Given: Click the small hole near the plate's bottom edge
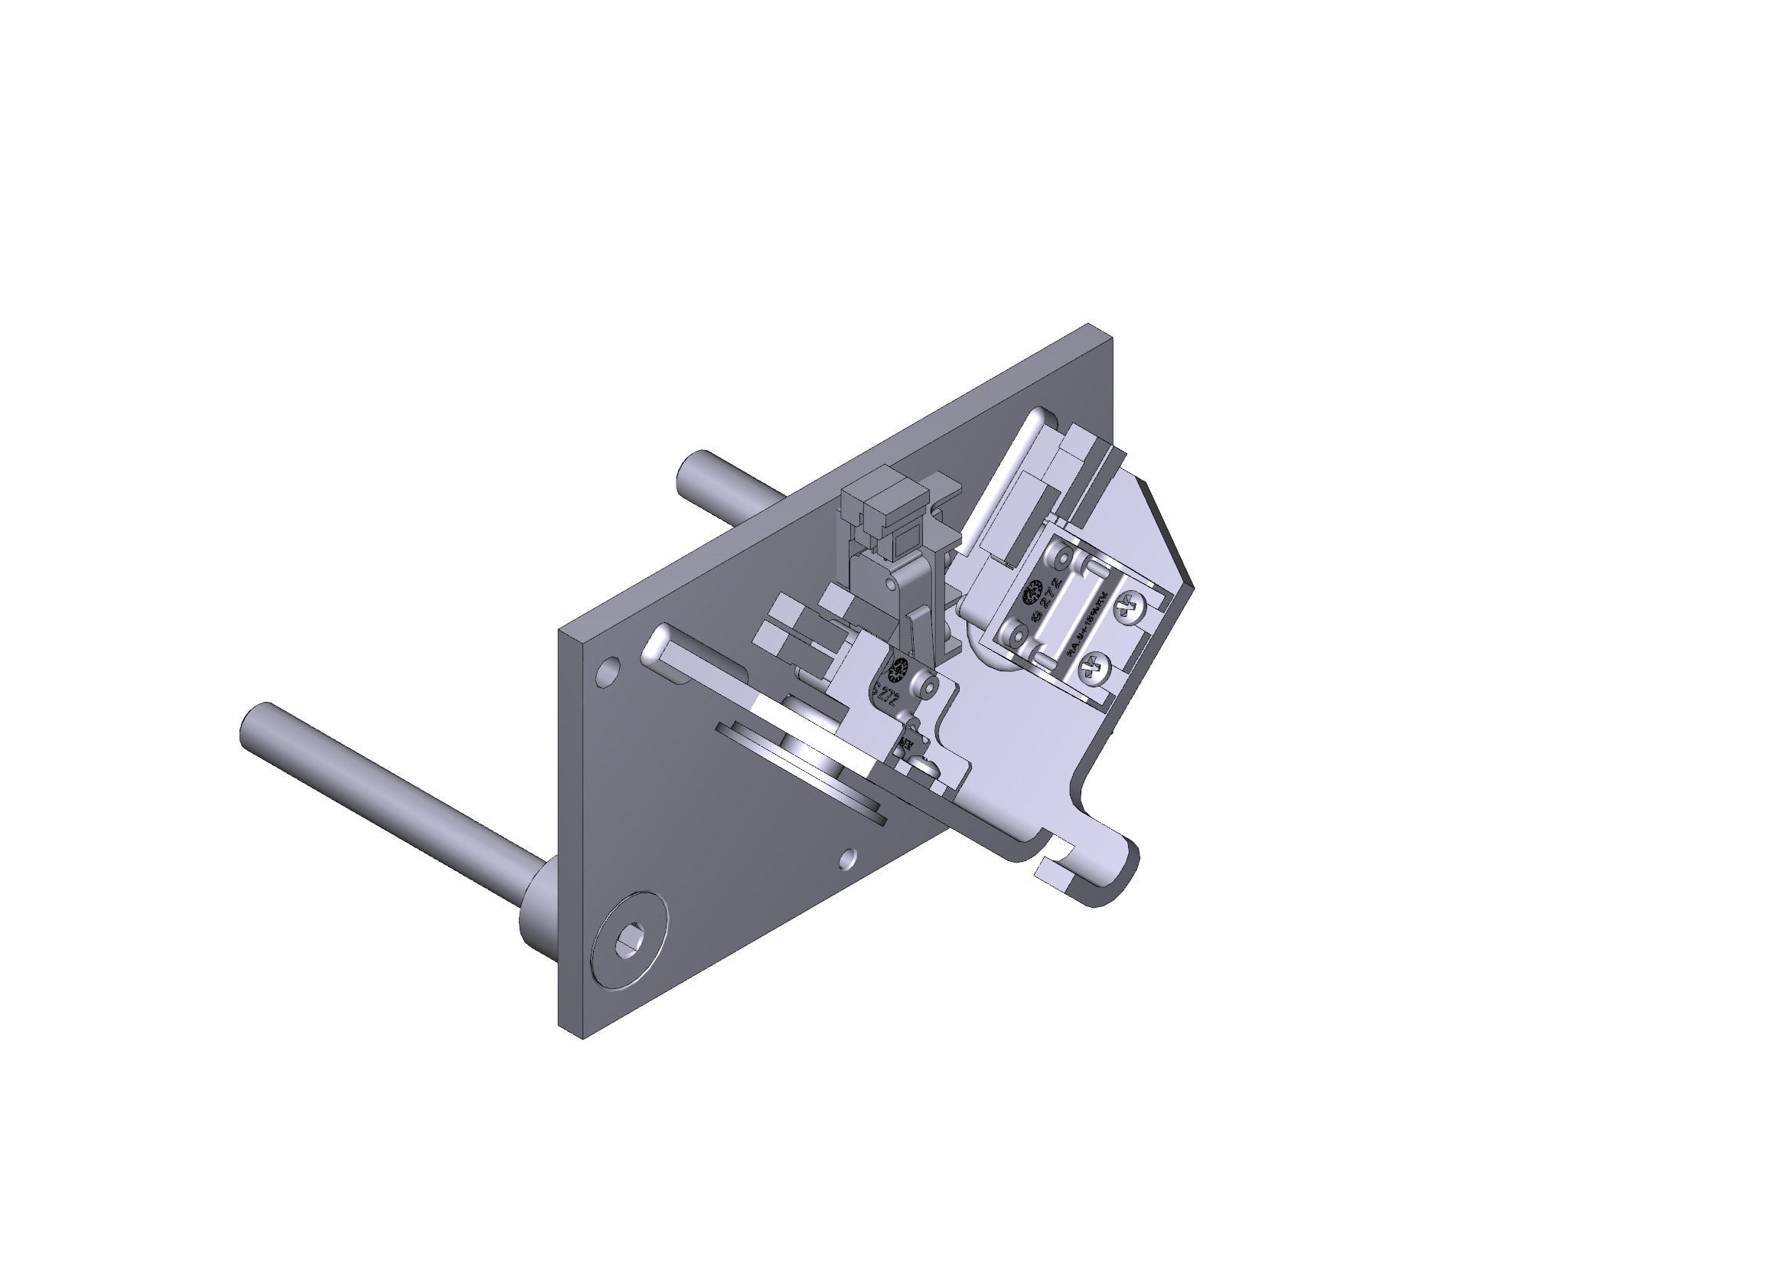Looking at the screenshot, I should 850,860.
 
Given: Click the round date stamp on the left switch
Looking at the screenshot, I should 898,668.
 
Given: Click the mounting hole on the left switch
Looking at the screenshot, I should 927,687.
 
